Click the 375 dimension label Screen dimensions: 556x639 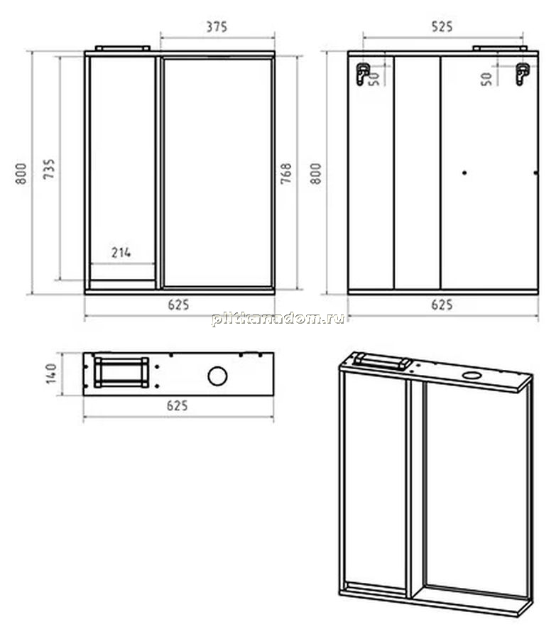217,27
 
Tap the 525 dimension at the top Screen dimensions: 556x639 442,27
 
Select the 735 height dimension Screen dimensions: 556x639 49,169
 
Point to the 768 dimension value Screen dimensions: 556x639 286,173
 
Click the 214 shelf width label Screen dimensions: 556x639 121,253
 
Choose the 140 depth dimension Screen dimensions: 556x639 51,373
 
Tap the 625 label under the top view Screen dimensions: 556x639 178,406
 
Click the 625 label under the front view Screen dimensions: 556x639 178,305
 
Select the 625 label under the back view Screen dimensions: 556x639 442,305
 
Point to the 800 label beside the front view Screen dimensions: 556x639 21,173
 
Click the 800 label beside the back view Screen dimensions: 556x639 316,173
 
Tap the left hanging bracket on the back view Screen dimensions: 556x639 362,74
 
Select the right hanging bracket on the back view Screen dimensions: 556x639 522,74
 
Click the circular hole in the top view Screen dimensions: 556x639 217,376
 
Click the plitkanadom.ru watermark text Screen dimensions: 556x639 278,318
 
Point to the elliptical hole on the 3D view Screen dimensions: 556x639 471,375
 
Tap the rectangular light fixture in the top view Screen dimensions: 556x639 121,373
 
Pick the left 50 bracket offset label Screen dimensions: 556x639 374,79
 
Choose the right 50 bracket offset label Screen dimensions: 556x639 486,79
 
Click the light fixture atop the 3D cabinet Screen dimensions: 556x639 382,361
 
